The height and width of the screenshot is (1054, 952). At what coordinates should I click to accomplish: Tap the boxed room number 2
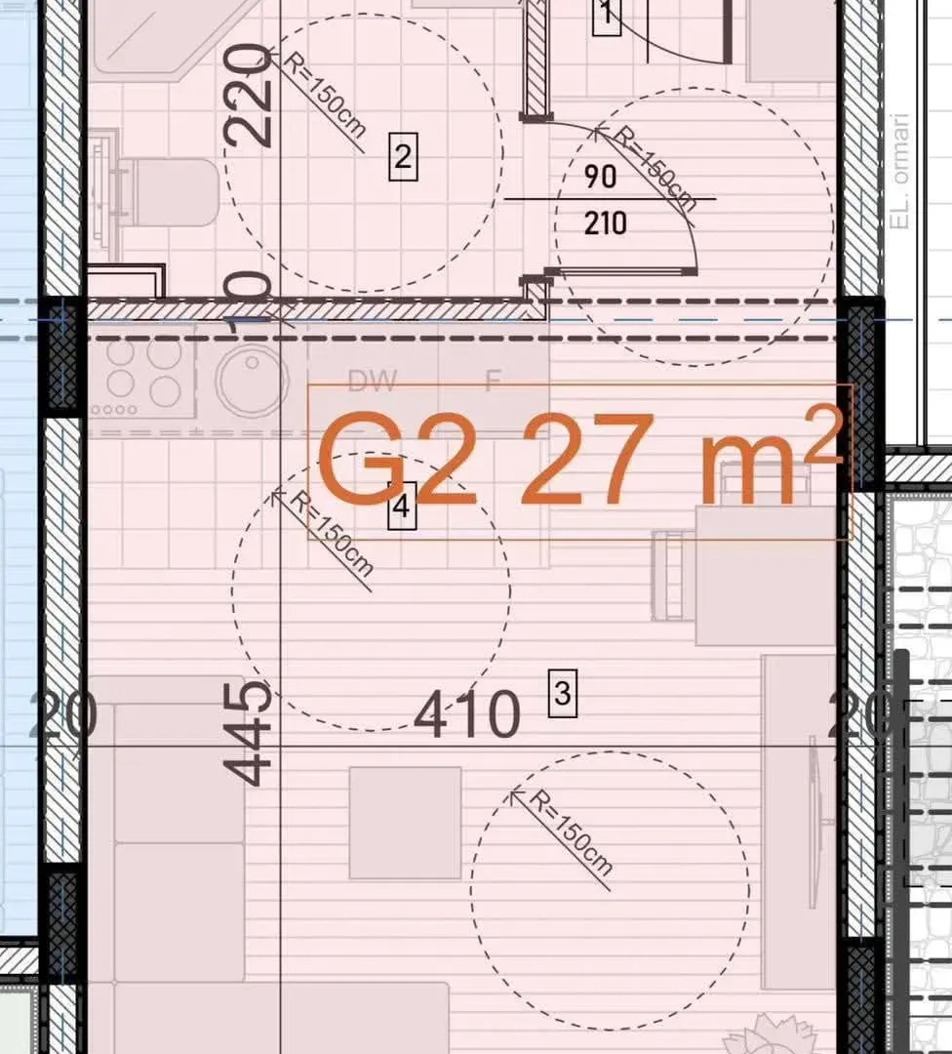point(404,157)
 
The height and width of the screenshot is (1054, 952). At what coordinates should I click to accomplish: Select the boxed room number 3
point(562,695)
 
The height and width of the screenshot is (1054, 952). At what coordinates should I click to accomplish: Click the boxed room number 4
point(401,507)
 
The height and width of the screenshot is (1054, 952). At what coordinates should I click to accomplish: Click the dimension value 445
point(249,734)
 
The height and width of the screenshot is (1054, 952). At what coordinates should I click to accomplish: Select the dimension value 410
point(467,715)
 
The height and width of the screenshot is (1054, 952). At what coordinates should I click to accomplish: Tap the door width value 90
point(601,177)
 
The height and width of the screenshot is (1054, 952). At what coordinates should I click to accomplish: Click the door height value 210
point(605,223)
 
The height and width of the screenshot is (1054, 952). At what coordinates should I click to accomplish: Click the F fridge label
point(493,381)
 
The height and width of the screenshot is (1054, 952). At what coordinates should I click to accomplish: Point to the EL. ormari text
point(900,172)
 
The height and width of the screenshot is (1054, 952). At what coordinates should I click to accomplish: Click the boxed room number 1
point(607,16)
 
